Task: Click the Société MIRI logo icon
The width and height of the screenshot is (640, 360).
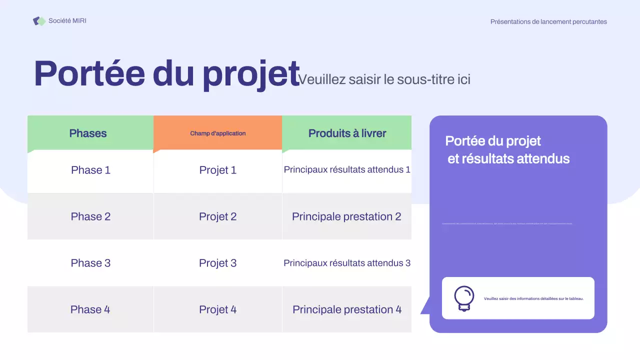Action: (39, 21)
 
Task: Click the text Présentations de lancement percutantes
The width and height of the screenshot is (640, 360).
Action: (548, 21)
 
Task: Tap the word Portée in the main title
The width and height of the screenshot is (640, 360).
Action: (89, 73)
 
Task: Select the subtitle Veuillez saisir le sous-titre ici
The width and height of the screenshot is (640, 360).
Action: (384, 79)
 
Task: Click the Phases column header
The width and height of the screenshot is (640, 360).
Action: (88, 133)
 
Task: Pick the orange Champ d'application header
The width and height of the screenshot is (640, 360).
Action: (217, 133)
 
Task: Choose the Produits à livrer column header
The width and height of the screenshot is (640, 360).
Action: (347, 133)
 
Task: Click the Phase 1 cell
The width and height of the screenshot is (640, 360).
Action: (90, 170)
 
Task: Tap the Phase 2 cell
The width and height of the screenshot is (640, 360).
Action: (90, 216)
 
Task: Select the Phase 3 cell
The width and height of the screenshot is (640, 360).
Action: (90, 263)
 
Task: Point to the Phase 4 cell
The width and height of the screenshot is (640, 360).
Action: (90, 309)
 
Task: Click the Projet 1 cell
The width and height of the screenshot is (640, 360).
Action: (217, 170)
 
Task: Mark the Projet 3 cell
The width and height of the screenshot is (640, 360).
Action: (217, 263)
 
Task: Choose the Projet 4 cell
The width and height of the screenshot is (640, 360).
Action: (217, 309)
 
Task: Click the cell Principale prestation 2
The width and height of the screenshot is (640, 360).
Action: (346, 216)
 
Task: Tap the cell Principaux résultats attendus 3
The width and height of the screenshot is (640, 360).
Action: (347, 263)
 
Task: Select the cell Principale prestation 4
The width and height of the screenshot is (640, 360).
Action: (347, 309)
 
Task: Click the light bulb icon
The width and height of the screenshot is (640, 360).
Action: (464, 298)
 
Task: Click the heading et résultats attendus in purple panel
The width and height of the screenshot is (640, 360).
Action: (508, 159)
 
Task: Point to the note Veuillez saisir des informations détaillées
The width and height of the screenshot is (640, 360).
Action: (533, 298)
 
